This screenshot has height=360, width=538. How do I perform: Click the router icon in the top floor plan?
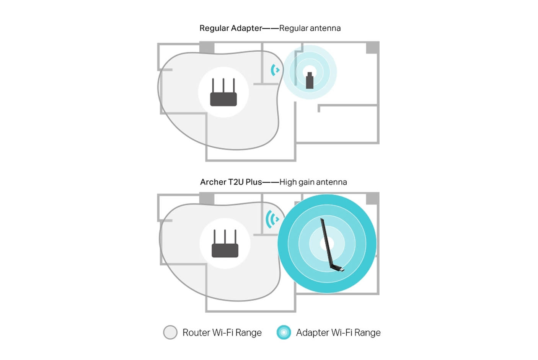click(223, 92)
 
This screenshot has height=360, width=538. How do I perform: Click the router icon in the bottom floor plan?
click(225, 244)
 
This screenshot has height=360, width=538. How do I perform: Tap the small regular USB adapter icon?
click(310, 80)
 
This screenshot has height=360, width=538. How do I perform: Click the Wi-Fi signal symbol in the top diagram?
click(275, 70)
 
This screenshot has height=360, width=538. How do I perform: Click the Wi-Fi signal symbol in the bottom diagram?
click(272, 219)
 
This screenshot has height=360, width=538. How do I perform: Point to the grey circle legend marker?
click(170, 332)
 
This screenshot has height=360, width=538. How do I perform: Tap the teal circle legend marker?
click(284, 332)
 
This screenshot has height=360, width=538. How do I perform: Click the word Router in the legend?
click(196, 332)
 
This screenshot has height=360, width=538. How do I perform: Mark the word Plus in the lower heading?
click(254, 182)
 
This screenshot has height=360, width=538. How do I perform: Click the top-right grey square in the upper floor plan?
click(372, 47)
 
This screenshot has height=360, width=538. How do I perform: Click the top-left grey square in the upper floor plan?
click(207, 47)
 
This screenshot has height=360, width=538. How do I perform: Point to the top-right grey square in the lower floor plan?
click(372, 198)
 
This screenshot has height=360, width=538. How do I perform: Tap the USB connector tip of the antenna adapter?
click(342, 270)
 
